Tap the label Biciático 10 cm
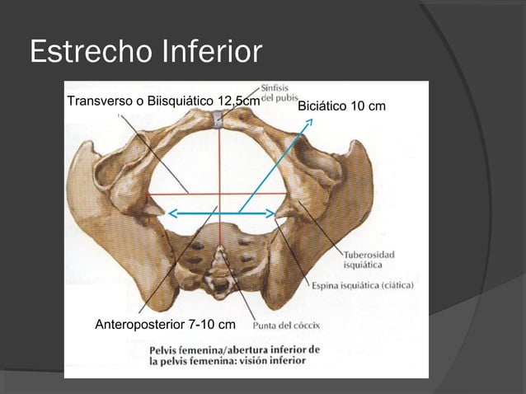click(x=341, y=107)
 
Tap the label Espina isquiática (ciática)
click(x=362, y=286)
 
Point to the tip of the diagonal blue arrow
click(x=311, y=120)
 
